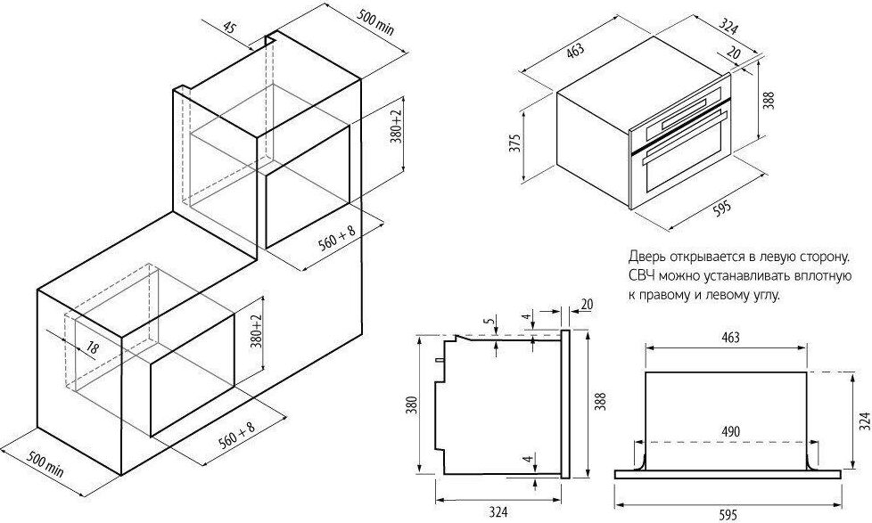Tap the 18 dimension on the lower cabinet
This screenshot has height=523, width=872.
point(92,348)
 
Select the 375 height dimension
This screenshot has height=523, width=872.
point(515,144)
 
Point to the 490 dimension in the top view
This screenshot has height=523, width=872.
point(731,431)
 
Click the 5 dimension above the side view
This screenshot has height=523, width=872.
point(486,321)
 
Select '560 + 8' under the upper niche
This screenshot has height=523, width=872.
point(336,241)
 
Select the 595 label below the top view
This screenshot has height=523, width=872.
point(728,515)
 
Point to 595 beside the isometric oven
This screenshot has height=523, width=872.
point(722,209)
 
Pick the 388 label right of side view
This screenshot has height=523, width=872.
point(600,402)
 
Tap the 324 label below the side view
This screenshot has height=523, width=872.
point(498,511)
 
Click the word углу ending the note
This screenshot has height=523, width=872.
point(765,295)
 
